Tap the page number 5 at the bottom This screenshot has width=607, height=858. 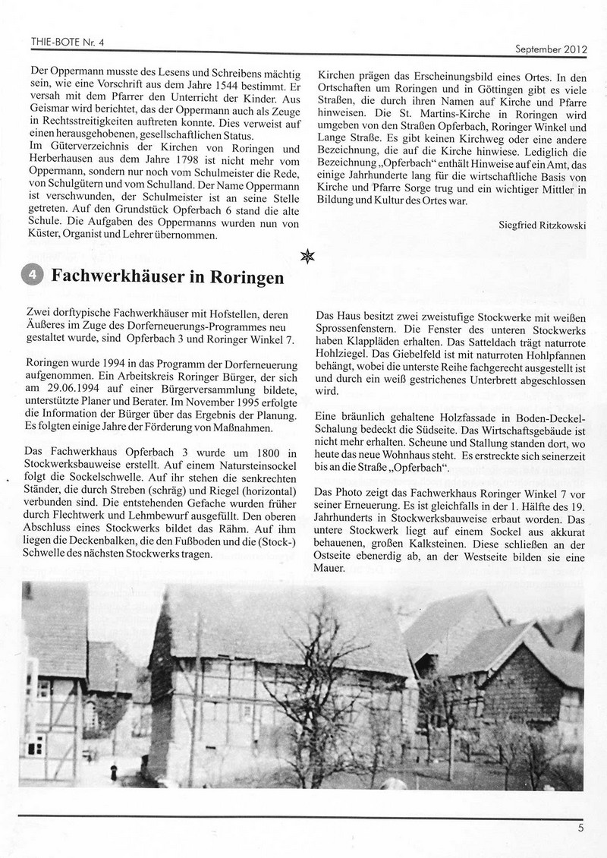tap(580, 828)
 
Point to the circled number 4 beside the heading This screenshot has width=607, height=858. tap(33, 276)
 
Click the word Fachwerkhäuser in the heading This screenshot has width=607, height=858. tap(118, 276)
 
